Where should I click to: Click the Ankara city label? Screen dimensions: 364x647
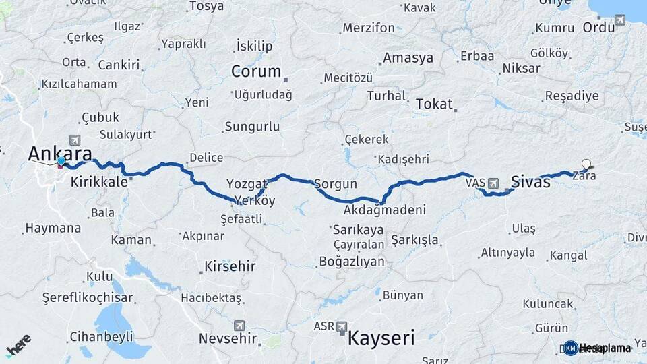pos(60,153)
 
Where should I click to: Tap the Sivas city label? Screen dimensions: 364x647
pos(530,181)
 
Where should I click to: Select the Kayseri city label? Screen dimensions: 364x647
pos(381,337)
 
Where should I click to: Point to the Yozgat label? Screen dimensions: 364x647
pos(242,183)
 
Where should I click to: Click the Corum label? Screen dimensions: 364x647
pos(255,71)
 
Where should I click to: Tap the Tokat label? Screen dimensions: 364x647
pos(433,104)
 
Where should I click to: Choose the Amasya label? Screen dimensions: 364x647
pos(408,58)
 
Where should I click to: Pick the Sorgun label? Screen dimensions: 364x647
pos(335,183)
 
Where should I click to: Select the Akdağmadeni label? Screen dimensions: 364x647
pos(384,210)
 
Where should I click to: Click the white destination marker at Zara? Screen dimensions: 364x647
pos(586,164)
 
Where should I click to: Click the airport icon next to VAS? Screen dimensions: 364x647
pos(495,183)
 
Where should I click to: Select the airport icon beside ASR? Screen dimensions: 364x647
pos(342,326)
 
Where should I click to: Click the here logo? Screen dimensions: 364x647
pos(18,346)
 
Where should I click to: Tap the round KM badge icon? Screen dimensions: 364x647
pos(570,348)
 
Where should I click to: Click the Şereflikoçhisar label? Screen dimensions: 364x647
pos(88,297)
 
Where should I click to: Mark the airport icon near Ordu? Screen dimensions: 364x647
pos(620,20)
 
